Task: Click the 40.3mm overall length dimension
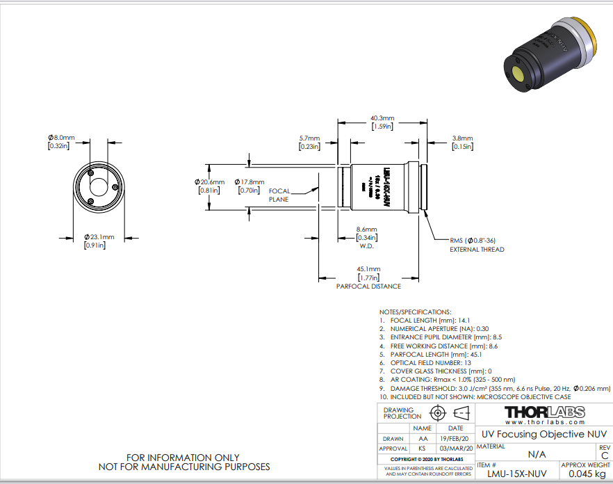pyautogui.click(x=382, y=118)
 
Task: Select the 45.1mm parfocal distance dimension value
pyautogui.click(x=368, y=269)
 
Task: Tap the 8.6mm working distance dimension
pyautogui.click(x=366, y=229)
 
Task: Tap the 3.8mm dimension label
pyautogui.click(x=462, y=138)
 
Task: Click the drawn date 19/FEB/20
pyautogui.click(x=456, y=439)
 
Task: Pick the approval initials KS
pyautogui.click(x=423, y=449)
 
